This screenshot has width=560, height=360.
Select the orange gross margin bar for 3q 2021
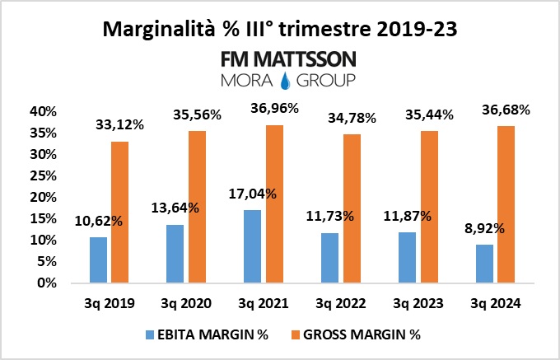click(274, 203)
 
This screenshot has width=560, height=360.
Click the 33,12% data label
click(121, 125)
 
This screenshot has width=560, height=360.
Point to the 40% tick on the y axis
click(42, 112)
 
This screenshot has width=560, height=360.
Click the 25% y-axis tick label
click(42, 175)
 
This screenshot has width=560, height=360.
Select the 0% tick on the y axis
click(46, 283)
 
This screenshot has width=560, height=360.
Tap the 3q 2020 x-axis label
click(187, 303)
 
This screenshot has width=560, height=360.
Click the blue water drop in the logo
click(287, 80)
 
